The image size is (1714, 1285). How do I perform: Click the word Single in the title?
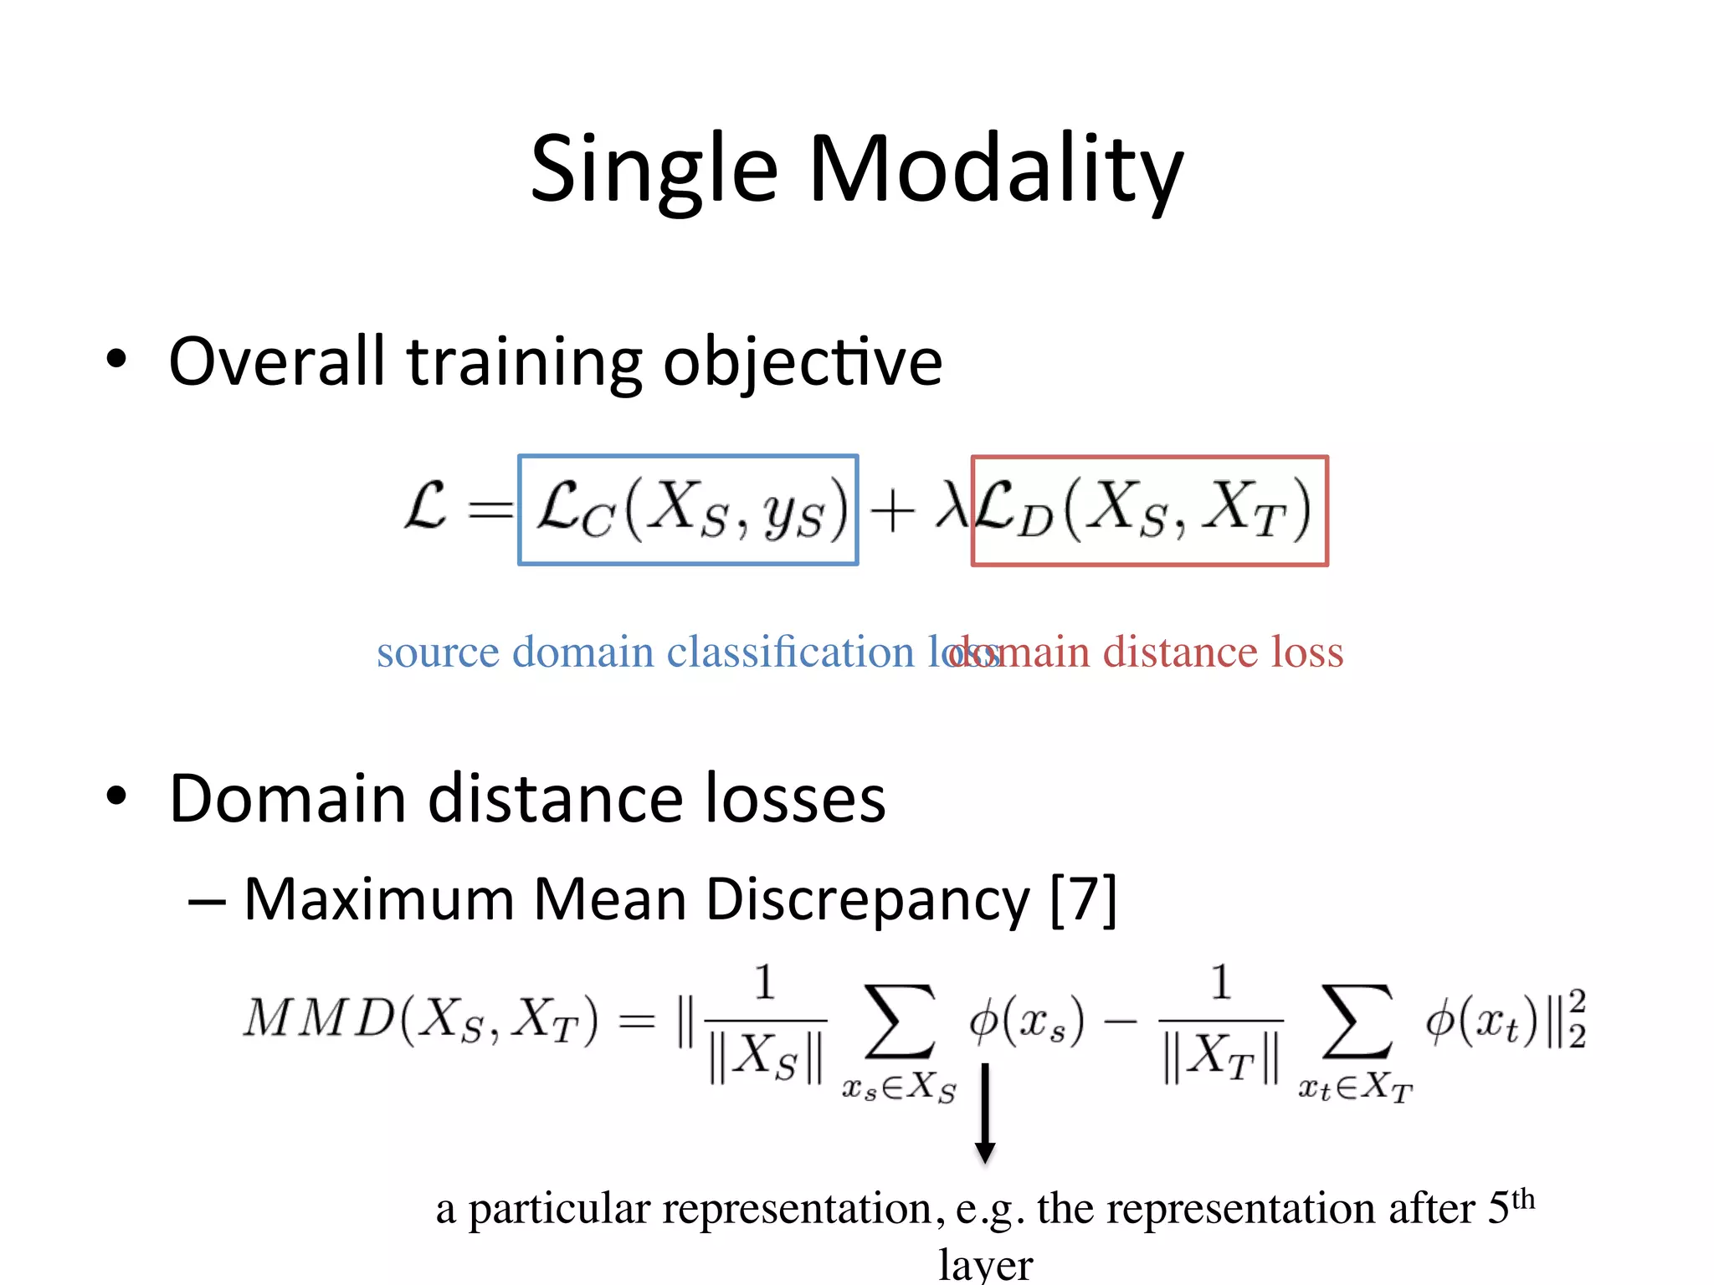(654, 170)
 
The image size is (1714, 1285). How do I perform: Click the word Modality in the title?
(995, 170)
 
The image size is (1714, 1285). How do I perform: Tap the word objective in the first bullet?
(803, 361)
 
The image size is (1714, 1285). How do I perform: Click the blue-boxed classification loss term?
(688, 509)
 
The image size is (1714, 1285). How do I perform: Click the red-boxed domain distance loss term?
(1149, 510)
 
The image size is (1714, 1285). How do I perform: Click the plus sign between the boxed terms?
(891, 510)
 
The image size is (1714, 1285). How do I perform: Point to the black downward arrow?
(985, 1113)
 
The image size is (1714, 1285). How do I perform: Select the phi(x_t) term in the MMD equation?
(1481, 1021)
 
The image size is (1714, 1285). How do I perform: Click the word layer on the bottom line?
(985, 1265)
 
